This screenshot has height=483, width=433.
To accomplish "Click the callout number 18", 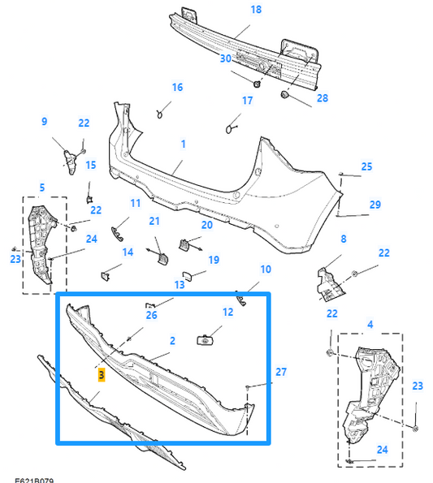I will click(x=256, y=10).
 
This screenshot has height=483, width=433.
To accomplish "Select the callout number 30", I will click(x=225, y=58).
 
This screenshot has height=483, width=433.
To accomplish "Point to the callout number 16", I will click(x=177, y=87).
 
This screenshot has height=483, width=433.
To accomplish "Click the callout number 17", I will click(x=248, y=101).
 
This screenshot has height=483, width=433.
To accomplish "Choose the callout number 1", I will click(x=184, y=144).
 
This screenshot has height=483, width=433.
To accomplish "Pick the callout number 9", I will click(x=44, y=122).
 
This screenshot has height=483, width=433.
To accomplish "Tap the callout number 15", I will click(x=91, y=165).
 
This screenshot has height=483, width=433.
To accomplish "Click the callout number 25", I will click(x=366, y=166).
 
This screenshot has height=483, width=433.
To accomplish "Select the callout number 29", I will click(x=375, y=205).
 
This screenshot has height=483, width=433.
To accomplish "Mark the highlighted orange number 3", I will click(x=101, y=375).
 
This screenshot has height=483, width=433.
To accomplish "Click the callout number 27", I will click(x=281, y=372).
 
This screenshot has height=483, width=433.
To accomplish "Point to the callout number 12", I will click(x=227, y=312).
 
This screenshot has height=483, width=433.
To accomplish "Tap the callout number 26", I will click(x=151, y=315).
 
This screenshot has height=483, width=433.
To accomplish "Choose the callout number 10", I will click(x=266, y=269).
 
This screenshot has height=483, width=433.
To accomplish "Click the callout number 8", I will click(x=344, y=239).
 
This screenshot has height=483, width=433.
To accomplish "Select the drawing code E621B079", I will click(x=34, y=479).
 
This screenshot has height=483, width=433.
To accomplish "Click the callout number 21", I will click(x=154, y=222).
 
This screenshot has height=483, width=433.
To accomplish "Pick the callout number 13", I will click(x=180, y=285).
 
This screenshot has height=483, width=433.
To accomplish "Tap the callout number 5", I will click(x=41, y=188).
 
